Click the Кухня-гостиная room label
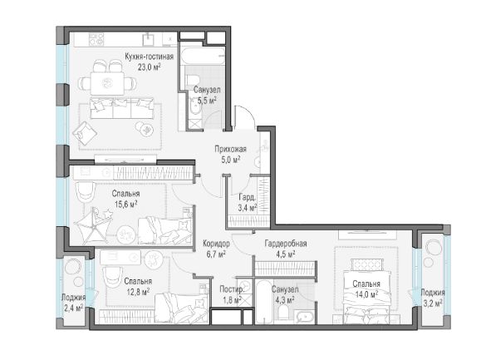(149, 57)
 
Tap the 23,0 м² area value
(149, 67)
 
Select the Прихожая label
(231, 149)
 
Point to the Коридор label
(216, 244)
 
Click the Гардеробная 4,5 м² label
(286, 249)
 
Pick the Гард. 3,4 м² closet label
(248, 202)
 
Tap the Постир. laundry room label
(232, 289)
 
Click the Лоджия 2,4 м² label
(73, 303)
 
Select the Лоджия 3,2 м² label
(433, 298)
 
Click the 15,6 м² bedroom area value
(125, 205)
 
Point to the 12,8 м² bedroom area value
(138, 292)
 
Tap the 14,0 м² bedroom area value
(366, 294)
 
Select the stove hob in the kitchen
(96, 40)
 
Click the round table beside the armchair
(144, 128)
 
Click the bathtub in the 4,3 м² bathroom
(263, 303)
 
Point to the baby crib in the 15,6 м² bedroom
(93, 225)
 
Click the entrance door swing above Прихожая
(245, 117)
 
